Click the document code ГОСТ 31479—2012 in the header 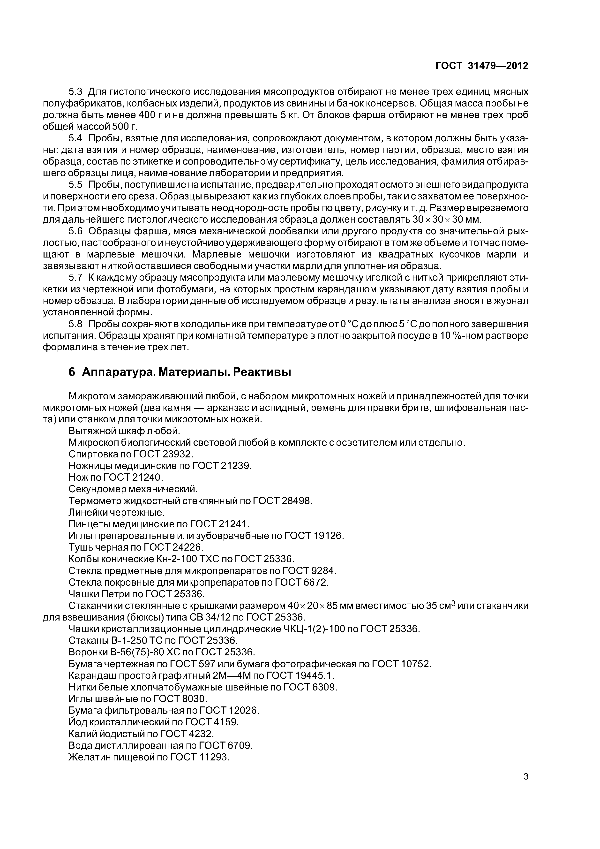coord(482,66)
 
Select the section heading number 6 coord(72,372)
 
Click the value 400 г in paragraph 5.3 coord(145,115)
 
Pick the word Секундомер coord(97,489)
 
